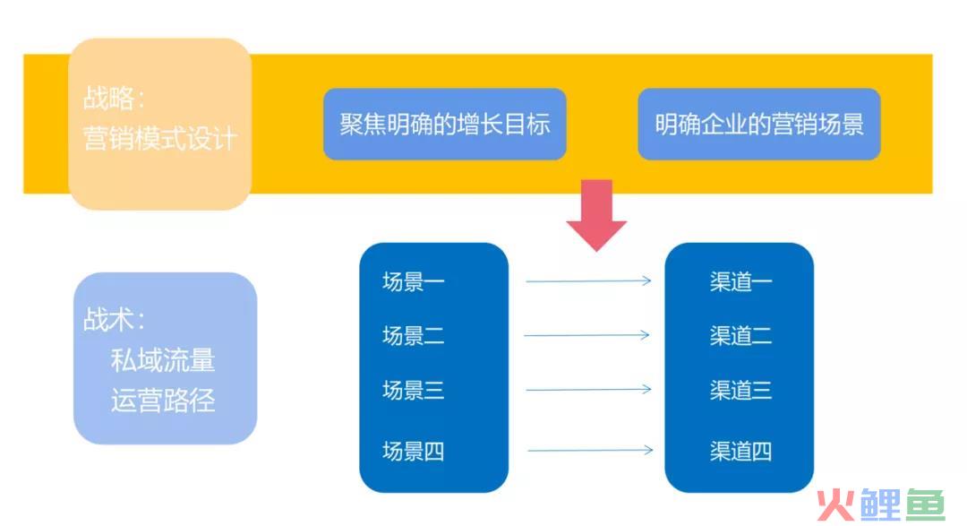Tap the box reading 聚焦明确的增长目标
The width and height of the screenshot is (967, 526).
[445, 124]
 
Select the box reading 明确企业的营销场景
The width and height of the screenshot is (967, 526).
[758, 124]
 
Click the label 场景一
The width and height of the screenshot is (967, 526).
[413, 281]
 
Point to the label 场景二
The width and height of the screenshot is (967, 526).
[413, 336]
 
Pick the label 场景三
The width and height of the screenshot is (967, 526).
[413, 390]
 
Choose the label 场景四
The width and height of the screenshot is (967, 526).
[413, 452]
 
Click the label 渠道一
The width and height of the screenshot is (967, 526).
[740, 281]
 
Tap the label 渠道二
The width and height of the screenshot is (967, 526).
[740, 336]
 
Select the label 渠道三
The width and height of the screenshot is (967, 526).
[740, 390]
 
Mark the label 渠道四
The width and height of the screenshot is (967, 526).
[740, 452]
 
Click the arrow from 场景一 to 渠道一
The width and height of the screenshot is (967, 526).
[588, 280]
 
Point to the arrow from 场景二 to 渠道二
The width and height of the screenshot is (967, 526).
[586, 335]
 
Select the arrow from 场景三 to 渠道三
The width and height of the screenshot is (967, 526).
[588, 390]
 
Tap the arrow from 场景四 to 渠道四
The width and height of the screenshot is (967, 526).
[590, 450]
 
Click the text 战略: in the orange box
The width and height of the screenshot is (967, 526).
[114, 99]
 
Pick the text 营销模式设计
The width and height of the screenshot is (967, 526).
[159, 138]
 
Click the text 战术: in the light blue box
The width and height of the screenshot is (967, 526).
[114, 320]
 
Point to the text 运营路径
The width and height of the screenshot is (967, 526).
[163, 400]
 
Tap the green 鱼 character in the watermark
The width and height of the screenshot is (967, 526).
[925, 505]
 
